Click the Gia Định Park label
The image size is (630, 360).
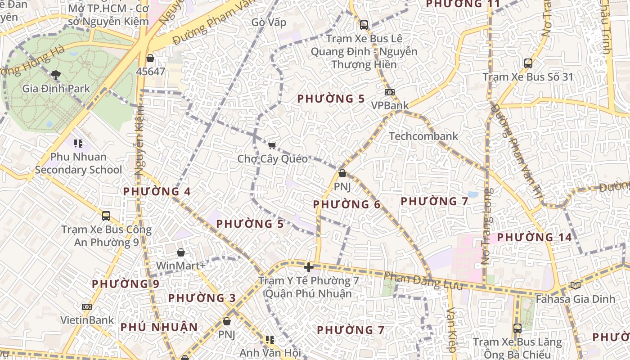tap(56, 88)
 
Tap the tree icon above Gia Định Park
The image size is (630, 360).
tap(56, 75)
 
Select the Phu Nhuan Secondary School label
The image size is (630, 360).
tap(78, 163)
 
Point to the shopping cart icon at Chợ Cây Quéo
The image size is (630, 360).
tap(272, 145)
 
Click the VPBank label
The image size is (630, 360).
tap(390, 105)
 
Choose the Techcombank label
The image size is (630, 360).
tap(423, 136)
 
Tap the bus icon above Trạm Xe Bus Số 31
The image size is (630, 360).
tap(528, 63)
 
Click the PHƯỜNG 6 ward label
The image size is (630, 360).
tap(347, 205)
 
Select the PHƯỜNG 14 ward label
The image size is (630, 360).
tap(534, 237)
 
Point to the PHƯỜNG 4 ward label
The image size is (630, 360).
tap(157, 192)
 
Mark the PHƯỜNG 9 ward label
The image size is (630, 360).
tap(126, 284)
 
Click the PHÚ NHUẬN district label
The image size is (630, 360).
tap(159, 327)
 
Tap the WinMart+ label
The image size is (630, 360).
tap(180, 265)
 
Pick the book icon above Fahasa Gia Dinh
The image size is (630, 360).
tap(575, 285)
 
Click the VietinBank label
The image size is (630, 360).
tap(87, 320)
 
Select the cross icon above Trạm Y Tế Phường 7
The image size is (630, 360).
tap(308, 267)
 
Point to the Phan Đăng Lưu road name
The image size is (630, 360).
tap(423, 281)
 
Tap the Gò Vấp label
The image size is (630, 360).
tap(269, 22)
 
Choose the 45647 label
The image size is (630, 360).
tap(151, 71)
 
